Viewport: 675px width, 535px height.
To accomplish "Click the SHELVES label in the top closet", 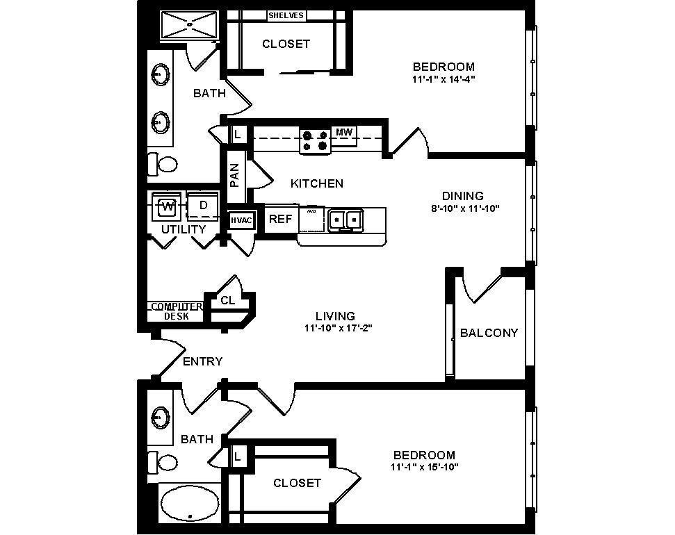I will (x=286, y=15).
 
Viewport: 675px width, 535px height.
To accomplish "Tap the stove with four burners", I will (x=315, y=140).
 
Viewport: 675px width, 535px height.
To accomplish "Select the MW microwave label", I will (x=343, y=132).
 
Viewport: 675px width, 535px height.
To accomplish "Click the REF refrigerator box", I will (x=280, y=219).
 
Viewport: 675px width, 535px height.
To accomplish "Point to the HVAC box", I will (x=242, y=220).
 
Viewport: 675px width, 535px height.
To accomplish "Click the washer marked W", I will (x=167, y=206).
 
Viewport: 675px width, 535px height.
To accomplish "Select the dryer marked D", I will (x=203, y=206).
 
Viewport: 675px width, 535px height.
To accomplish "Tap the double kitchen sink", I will (x=345, y=220).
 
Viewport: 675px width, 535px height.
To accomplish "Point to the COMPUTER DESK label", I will (x=176, y=311).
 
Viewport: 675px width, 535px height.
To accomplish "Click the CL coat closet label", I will (x=227, y=300).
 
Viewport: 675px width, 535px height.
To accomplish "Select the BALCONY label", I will (x=489, y=333).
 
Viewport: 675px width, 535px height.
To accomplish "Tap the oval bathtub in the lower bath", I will (x=190, y=502).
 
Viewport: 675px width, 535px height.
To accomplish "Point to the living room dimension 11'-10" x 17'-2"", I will (x=339, y=329).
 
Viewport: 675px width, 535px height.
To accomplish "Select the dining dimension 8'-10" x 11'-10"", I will (x=466, y=208).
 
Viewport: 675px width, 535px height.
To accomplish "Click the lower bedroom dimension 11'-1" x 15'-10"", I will (x=424, y=467).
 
